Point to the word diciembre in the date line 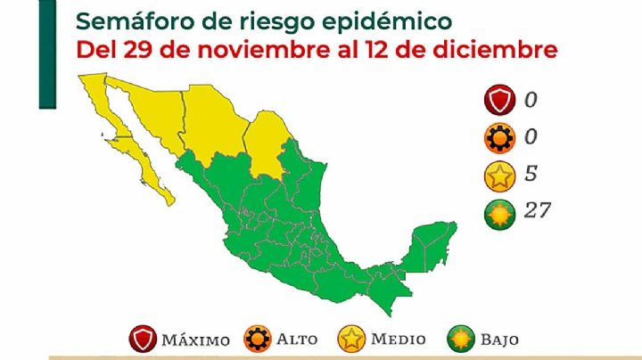[x=498, y=49]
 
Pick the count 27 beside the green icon [x=538, y=210]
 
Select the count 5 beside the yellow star [x=531, y=173]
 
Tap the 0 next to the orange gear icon [x=531, y=136]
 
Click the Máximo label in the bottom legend [x=196, y=340]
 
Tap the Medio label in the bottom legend [x=397, y=340]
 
